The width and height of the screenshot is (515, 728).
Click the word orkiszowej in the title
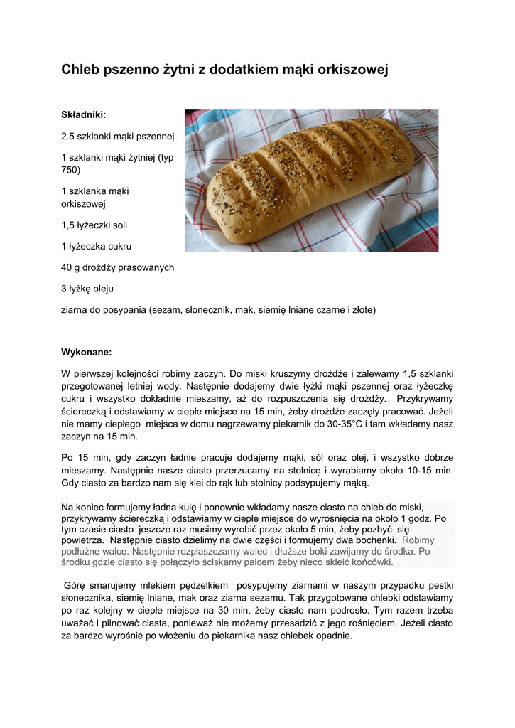[349, 70]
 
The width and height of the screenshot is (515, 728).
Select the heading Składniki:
[84, 114]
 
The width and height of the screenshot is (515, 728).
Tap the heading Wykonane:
[87, 351]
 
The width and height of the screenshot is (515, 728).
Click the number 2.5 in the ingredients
[70, 135]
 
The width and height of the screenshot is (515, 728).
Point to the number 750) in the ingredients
[71, 170]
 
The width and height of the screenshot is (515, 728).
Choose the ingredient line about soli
[94, 225]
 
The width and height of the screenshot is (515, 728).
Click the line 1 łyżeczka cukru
[97, 247]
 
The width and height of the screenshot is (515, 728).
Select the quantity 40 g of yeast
[72, 268]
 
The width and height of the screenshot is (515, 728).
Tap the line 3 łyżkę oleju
[87, 289]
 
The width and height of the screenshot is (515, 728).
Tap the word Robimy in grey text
[423, 540]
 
